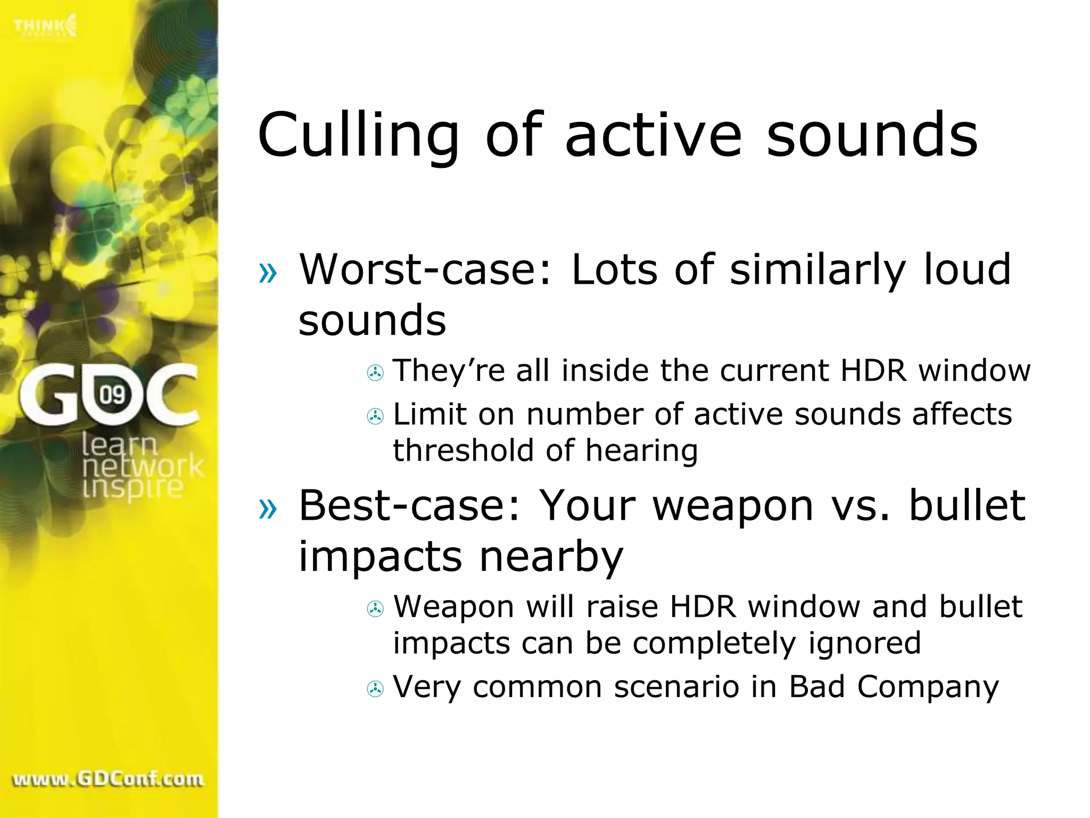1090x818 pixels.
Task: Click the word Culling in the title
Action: tap(358, 136)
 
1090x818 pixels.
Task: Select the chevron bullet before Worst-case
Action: tap(268, 273)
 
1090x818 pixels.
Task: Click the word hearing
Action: tap(641, 452)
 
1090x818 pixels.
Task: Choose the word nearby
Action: tap(551, 557)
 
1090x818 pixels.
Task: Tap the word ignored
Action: tap(864, 643)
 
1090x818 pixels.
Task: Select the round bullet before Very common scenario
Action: tap(375, 689)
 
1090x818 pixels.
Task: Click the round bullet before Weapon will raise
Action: tap(375, 609)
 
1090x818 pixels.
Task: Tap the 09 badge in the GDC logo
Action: tap(112, 395)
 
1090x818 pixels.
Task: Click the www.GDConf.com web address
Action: tap(108, 780)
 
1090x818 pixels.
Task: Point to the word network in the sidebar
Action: tap(143, 467)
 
